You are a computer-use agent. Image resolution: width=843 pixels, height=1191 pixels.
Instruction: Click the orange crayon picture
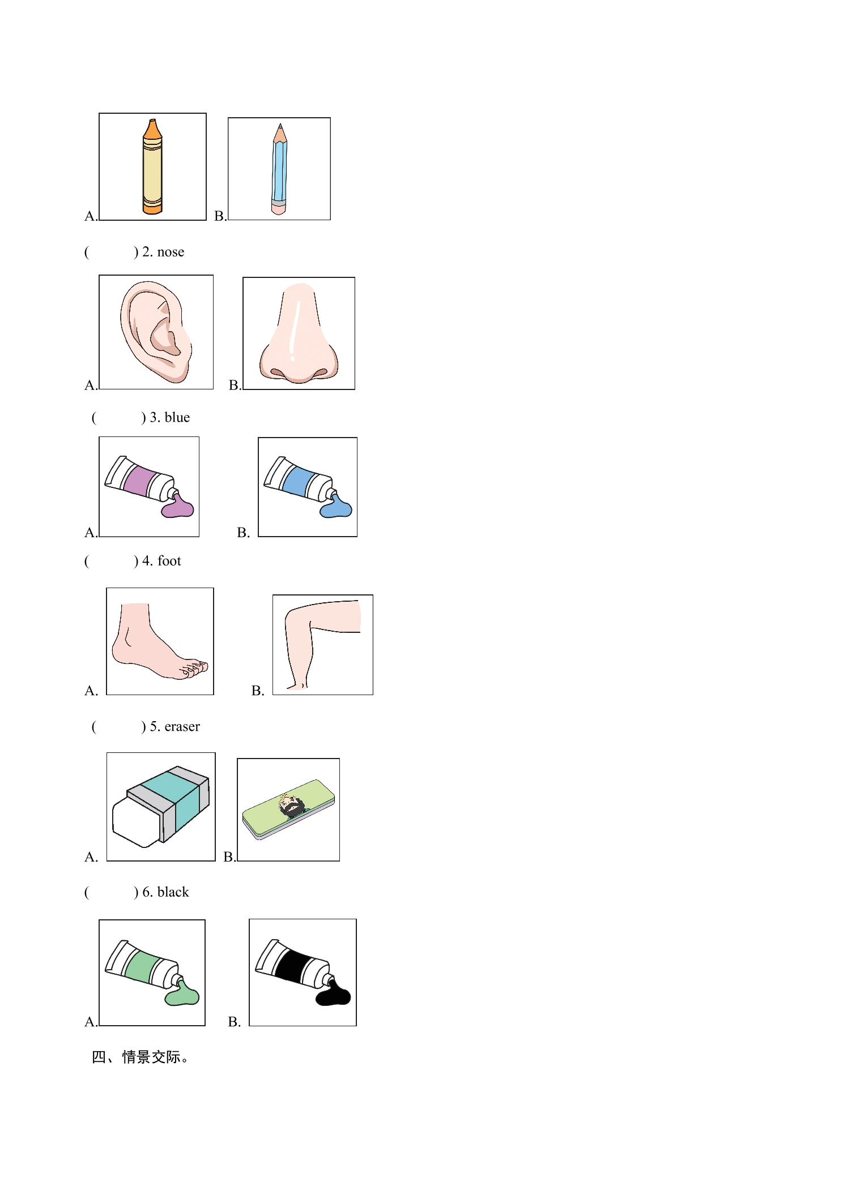tap(152, 166)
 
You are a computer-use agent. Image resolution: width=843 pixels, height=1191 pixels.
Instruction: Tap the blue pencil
tap(279, 169)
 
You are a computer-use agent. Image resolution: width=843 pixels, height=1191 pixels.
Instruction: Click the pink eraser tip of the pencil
tap(278, 209)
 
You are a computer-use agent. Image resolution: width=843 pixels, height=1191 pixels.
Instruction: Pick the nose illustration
tap(299, 334)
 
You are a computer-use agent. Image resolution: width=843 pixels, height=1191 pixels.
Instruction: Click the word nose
tap(171, 252)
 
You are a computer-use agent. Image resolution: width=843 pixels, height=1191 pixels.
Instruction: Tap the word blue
tap(177, 417)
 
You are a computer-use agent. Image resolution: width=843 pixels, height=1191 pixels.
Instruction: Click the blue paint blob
tap(336, 507)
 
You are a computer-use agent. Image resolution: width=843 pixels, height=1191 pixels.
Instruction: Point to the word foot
tap(169, 561)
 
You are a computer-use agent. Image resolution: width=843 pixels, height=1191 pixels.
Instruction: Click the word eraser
tap(182, 726)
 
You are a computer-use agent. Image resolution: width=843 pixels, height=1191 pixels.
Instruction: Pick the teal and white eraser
tap(161, 807)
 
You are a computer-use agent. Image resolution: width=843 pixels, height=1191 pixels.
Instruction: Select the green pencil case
tap(288, 809)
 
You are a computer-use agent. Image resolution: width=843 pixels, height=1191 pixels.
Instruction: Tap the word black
tap(173, 892)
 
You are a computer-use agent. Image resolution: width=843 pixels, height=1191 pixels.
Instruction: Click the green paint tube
tap(152, 972)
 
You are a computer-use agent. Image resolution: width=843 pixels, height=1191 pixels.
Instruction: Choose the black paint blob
tap(334, 992)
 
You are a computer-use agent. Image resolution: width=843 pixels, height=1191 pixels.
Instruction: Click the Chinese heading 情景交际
tap(151, 1057)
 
